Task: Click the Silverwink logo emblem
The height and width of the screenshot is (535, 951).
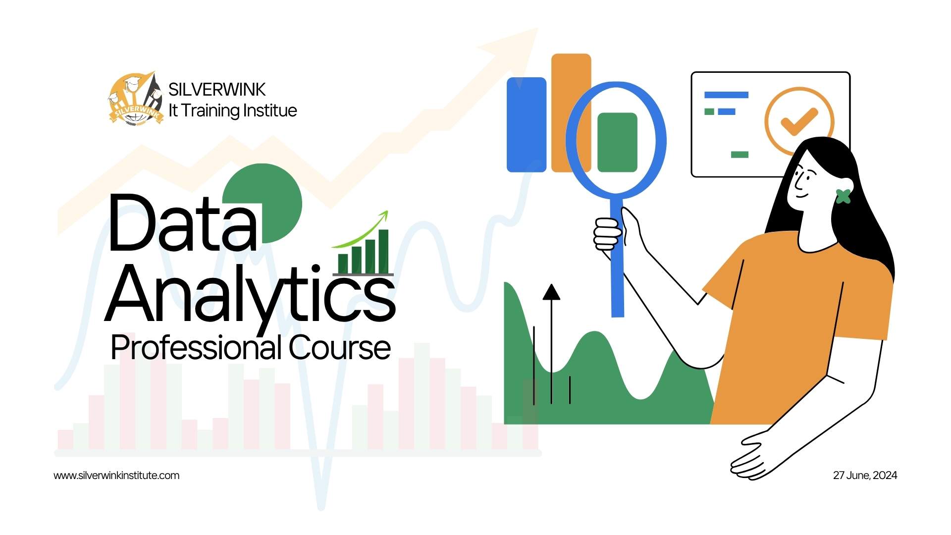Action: pos(135,98)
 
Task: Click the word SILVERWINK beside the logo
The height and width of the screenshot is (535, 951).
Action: pos(217,90)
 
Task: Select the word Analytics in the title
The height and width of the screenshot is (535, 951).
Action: pos(250,295)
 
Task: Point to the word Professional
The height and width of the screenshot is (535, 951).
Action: pos(197,348)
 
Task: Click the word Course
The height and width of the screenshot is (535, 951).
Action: pos(340,348)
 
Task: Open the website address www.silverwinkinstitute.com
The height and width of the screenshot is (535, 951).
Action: pos(116,476)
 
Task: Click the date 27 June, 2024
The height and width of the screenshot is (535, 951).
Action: pos(865,476)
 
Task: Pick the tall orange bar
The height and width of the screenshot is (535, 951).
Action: pos(571,112)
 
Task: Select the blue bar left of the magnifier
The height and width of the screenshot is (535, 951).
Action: pos(527,125)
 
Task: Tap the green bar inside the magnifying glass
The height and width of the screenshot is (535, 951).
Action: pos(617,143)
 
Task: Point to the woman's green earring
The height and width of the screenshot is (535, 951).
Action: pos(844,197)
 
